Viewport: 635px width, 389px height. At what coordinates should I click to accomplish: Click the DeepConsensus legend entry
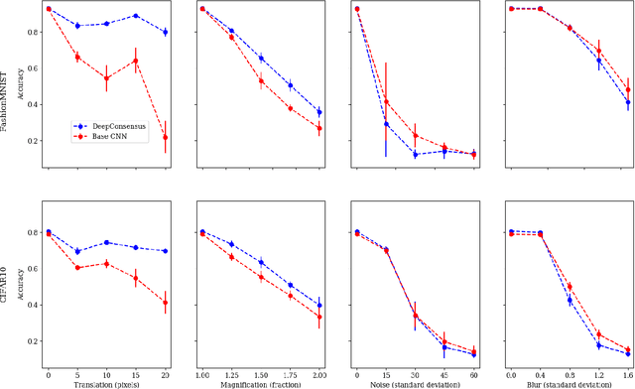[110, 126]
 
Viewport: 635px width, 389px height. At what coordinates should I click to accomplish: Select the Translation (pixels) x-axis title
[106, 382]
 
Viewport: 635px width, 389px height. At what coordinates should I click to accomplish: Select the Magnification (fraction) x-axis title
[261, 382]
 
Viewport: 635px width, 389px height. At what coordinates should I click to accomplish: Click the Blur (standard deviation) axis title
[571, 382]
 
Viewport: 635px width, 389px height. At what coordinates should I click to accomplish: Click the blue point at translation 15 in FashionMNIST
[136, 16]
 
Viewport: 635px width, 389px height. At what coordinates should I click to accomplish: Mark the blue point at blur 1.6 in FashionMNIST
[628, 102]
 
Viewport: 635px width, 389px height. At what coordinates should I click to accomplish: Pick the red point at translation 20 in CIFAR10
[165, 302]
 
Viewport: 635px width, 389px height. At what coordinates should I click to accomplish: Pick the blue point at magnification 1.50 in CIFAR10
[261, 263]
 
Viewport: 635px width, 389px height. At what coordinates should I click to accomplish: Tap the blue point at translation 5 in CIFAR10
[77, 251]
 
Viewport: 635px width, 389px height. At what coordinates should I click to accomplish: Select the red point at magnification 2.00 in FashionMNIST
[318, 128]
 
